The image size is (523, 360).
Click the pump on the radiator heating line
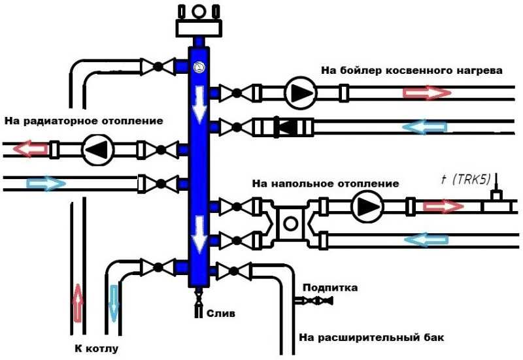click(99, 150)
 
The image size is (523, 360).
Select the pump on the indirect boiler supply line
click(301, 93)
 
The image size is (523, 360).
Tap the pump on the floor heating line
click(367, 206)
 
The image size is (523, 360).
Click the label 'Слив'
click(221, 314)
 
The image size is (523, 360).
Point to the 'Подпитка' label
click(330, 287)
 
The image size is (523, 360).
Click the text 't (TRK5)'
click(465, 180)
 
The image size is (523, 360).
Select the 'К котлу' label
click(96, 349)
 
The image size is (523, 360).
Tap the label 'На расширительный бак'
click(371, 337)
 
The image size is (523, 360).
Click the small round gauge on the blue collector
click(199, 68)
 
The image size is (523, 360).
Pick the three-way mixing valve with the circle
click(290, 223)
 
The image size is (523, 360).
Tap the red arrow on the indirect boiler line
click(427, 93)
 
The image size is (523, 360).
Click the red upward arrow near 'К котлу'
click(78, 303)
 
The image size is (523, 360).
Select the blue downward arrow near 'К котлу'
click(114, 303)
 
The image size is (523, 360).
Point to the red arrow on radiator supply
click(30, 148)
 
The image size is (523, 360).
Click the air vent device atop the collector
click(199, 20)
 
